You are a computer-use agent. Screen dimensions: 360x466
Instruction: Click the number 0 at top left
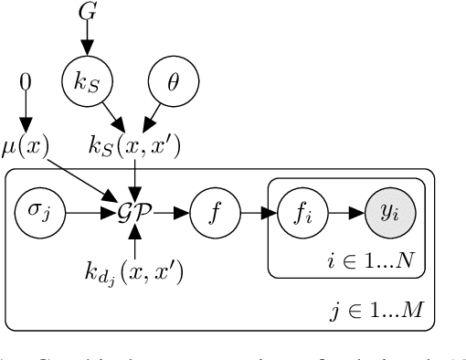click(26, 83)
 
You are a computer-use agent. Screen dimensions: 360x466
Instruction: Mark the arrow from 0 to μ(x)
click(26, 113)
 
